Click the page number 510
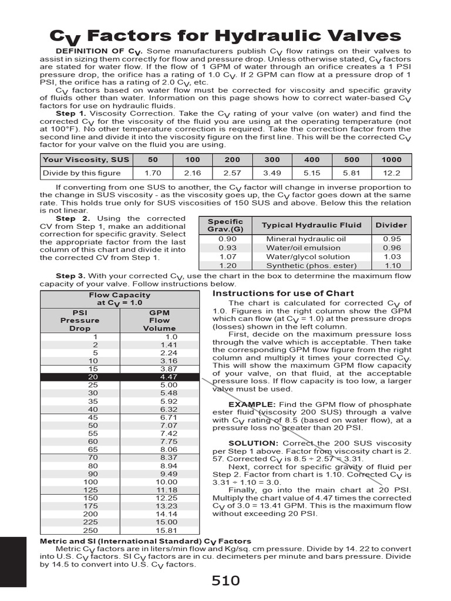(x=225, y=580)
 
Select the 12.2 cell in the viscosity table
(x=392, y=173)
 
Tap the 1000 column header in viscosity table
(x=392, y=160)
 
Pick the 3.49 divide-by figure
(x=272, y=173)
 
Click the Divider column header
(x=391, y=225)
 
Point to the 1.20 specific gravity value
(x=227, y=265)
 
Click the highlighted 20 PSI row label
(x=93, y=377)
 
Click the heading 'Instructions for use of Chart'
(x=282, y=293)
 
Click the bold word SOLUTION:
(x=253, y=443)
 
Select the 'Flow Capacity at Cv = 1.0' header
(x=119, y=299)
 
